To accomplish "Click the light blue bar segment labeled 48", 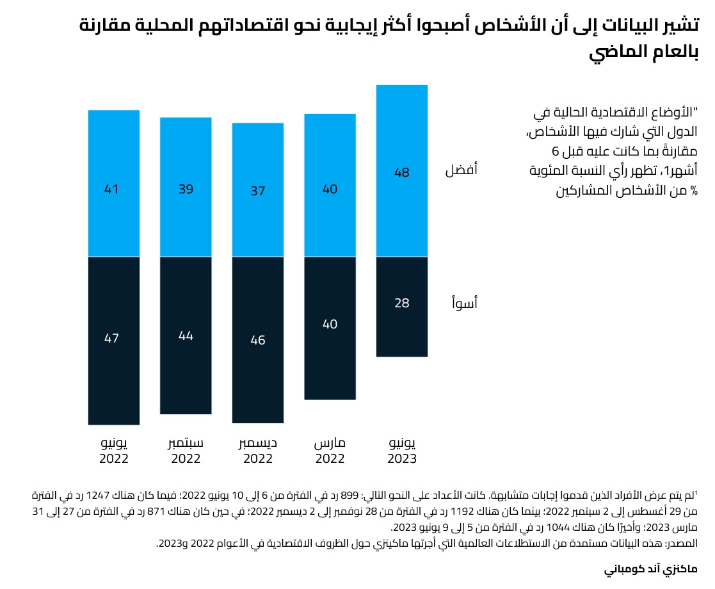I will pyautogui.click(x=402, y=170).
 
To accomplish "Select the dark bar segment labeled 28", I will pyautogui.click(x=402, y=307).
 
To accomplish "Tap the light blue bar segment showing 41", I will pyautogui.click(x=114, y=183).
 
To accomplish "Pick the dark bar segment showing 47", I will pyautogui.click(x=114, y=341).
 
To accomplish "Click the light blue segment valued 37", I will pyautogui.click(x=258, y=190).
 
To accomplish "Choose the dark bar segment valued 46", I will pyautogui.click(x=258, y=340).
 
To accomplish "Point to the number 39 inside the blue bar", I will pyautogui.click(x=186, y=190).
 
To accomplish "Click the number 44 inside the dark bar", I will pyautogui.click(x=186, y=335).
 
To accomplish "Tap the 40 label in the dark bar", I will pyautogui.click(x=330, y=325).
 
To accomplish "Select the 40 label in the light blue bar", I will pyautogui.click(x=330, y=190).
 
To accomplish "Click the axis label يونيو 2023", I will pyautogui.click(x=402, y=451).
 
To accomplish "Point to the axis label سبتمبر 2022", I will pyautogui.click(x=186, y=451).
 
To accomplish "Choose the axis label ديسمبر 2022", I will pyautogui.click(x=258, y=451).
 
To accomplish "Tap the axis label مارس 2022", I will pyautogui.click(x=330, y=451).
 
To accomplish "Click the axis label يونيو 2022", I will pyautogui.click(x=114, y=451).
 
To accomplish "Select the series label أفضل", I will pyautogui.click(x=462, y=171).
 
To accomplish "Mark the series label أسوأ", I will pyautogui.click(x=463, y=303).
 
